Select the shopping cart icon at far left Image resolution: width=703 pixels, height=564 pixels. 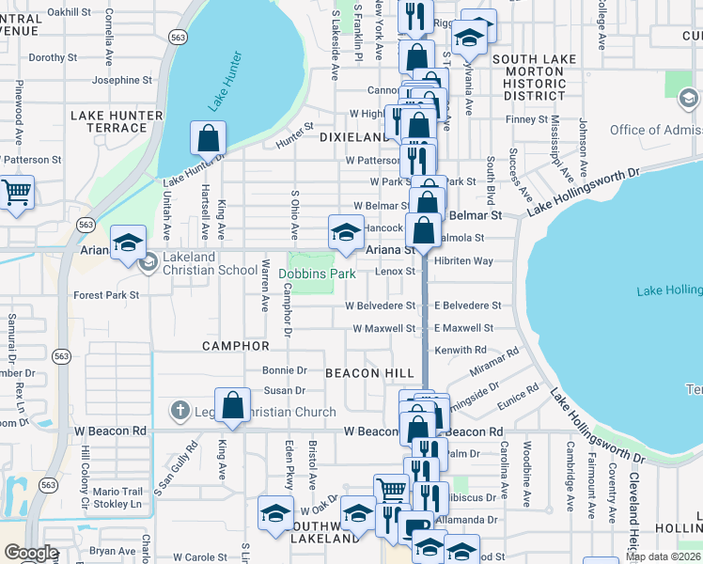(x=17, y=194)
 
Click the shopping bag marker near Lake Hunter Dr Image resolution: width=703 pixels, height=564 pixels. (x=209, y=138)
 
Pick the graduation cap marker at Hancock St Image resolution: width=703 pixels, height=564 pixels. (x=346, y=231)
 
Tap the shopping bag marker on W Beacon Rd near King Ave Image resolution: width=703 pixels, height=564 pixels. (x=233, y=405)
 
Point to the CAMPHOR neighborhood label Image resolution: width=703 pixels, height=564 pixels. (x=236, y=346)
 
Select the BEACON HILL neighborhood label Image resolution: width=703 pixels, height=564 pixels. (x=370, y=373)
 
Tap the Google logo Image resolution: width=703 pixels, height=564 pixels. (x=31, y=553)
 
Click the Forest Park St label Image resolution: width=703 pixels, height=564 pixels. (x=106, y=295)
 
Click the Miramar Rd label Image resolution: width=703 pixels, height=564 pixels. (x=494, y=362)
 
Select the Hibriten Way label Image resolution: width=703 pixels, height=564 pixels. (x=463, y=260)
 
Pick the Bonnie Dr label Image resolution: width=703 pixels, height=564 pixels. (x=285, y=370)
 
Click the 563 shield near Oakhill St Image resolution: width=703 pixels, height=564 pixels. (x=177, y=36)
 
